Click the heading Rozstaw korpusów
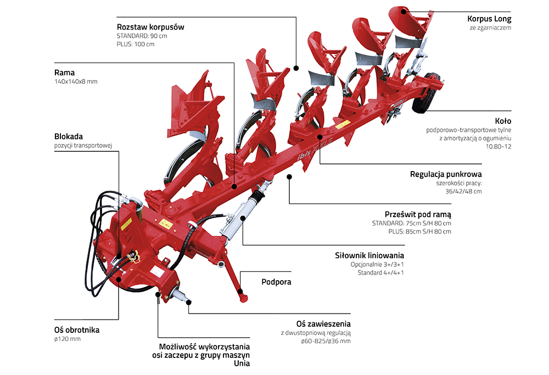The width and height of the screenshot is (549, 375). [x=150, y=26]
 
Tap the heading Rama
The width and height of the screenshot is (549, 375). [x=64, y=72]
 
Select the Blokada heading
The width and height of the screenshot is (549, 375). [x=69, y=136]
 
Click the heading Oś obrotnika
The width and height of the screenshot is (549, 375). [x=77, y=330]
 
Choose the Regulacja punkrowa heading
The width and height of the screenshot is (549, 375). [x=446, y=174]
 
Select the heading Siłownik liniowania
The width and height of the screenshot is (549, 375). [x=369, y=255]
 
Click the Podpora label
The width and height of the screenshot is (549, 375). [x=276, y=282]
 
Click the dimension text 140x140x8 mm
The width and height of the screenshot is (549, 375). [x=76, y=82]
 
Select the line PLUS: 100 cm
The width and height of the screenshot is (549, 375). [x=136, y=44]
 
